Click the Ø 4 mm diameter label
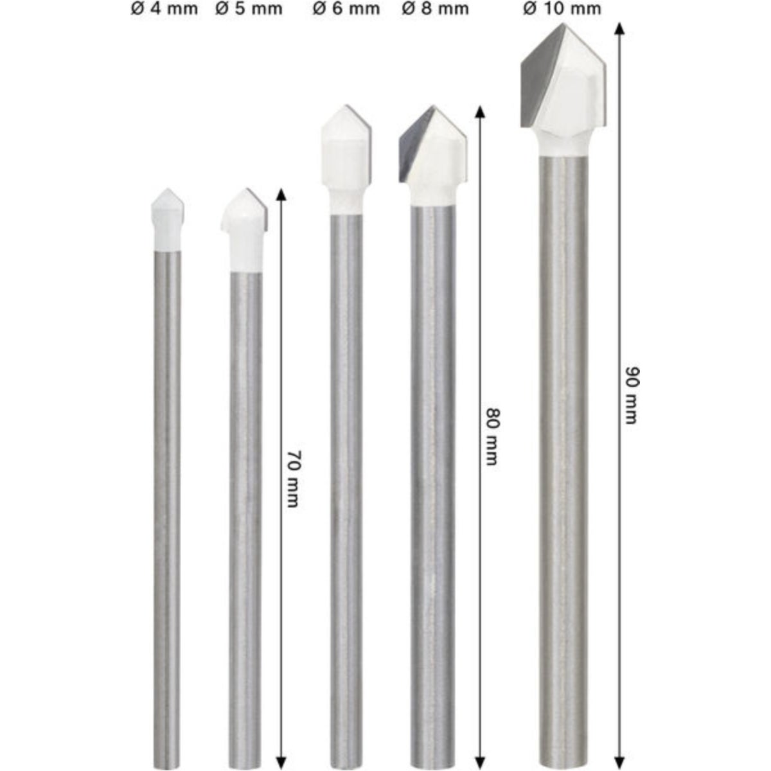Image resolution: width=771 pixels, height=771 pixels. pos(164,9)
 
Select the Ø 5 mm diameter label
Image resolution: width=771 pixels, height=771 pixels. pos(249,9)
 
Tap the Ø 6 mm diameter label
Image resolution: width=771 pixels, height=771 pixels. pos(346,9)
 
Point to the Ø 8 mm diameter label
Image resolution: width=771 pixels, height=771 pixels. pos(435,9)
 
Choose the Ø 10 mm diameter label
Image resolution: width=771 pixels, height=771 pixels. pos(562,9)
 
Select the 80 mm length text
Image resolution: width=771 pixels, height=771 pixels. pos(492,437)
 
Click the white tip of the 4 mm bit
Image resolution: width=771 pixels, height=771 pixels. pos(168,219)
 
